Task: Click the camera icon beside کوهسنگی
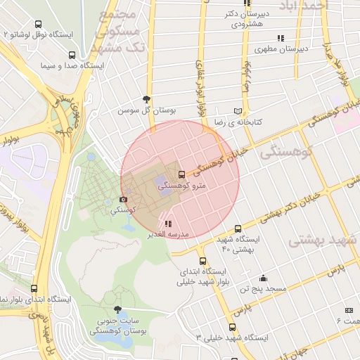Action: [124, 200]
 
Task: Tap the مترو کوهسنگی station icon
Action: [182, 174]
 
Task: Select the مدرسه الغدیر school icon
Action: [167, 224]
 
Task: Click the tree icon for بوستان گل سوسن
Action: [146, 99]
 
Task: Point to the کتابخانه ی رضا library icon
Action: [238, 111]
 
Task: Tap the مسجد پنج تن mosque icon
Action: [263, 278]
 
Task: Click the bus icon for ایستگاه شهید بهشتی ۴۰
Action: [238, 229]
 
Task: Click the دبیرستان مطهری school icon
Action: [281, 38]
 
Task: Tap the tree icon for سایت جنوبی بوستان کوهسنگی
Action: [117, 309]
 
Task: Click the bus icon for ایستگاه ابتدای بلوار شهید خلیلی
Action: [203, 261]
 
